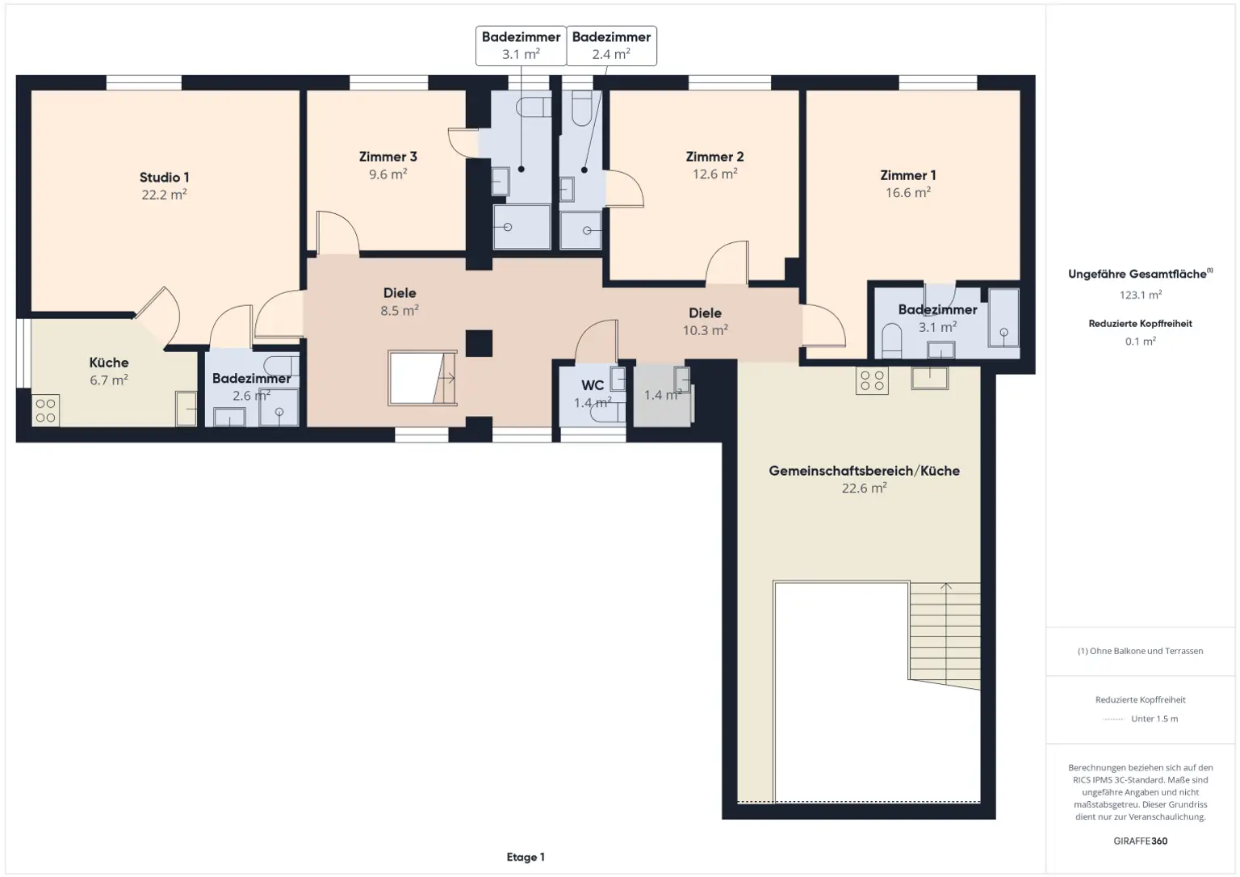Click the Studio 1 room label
pyautogui.click(x=164, y=177)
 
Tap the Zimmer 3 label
pyautogui.click(x=387, y=157)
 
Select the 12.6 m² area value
pyautogui.click(x=714, y=174)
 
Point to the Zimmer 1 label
pyautogui.click(x=908, y=175)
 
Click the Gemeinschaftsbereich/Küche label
pyautogui.click(x=864, y=471)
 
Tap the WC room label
pyautogui.click(x=593, y=385)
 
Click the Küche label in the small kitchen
pyautogui.click(x=109, y=363)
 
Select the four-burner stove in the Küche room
pyautogui.click(x=45, y=410)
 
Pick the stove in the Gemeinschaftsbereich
pyautogui.click(x=872, y=380)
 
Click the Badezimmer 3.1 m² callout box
pyautogui.click(x=521, y=46)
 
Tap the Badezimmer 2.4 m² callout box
pyautogui.click(x=611, y=46)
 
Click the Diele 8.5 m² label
pyautogui.click(x=400, y=301)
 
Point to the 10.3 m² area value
pyautogui.click(x=706, y=330)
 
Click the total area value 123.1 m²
pyautogui.click(x=1141, y=295)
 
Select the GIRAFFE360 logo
pyautogui.click(x=1141, y=841)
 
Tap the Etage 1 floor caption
pyautogui.click(x=526, y=857)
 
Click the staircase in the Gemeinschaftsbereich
pyautogui.click(x=945, y=636)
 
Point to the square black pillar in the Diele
pyautogui.click(x=479, y=343)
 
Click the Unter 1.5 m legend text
pyautogui.click(x=1154, y=719)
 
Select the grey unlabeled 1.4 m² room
pyautogui.click(x=662, y=395)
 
